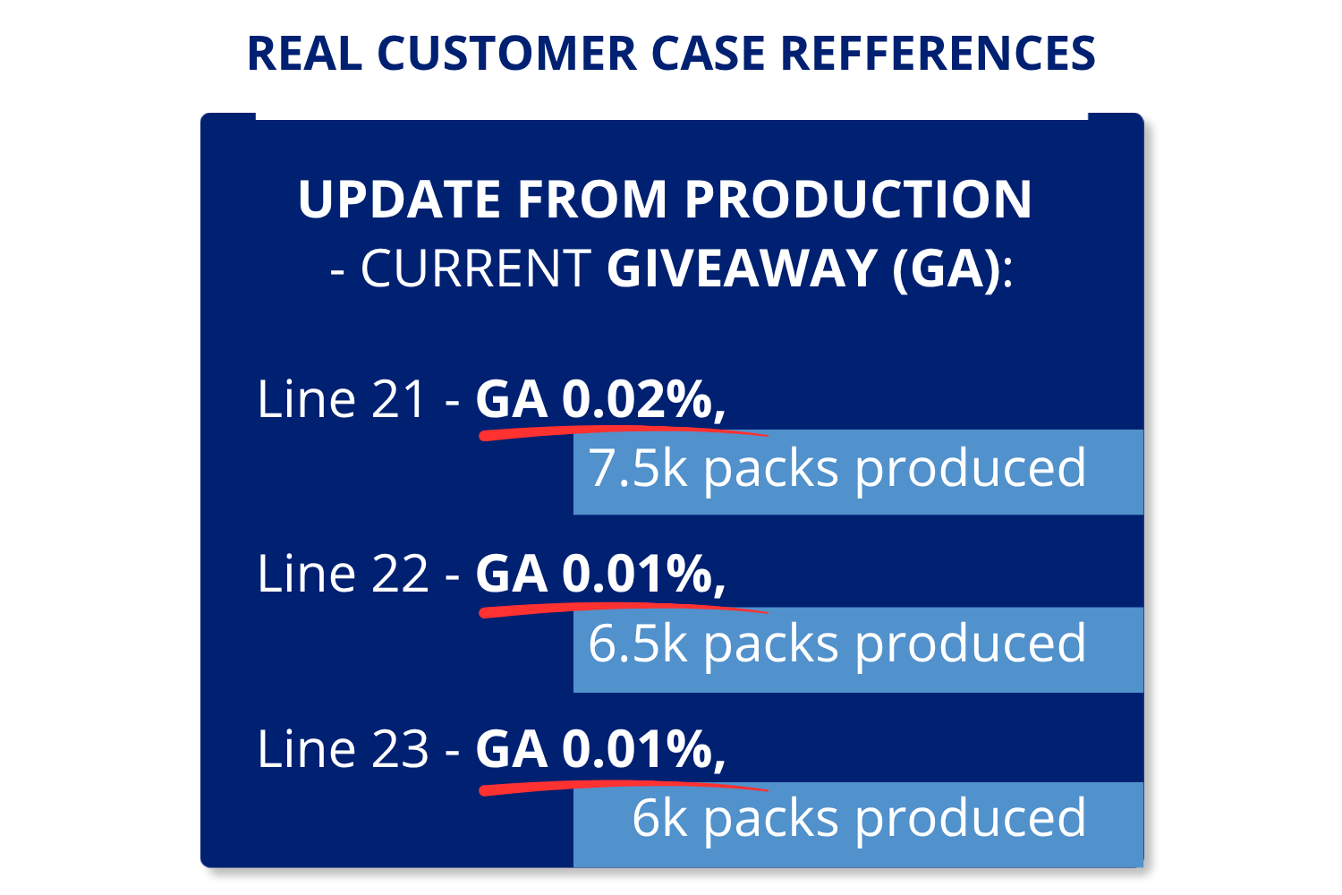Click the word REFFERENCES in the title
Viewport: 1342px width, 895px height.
coord(939,54)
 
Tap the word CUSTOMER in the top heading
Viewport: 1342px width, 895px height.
coord(507,54)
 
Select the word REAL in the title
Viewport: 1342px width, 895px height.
coord(305,54)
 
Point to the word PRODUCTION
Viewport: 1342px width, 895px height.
coord(859,199)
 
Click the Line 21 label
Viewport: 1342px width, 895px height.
coord(341,398)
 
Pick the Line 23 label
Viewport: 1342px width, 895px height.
coord(343,748)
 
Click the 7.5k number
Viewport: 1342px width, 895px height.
coord(638,467)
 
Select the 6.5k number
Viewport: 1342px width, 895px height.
coord(638,644)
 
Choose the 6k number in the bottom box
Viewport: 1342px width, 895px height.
coord(659,818)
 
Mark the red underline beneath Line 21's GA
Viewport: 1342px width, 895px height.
coord(623,432)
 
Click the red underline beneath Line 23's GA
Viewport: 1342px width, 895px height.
coord(623,787)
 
